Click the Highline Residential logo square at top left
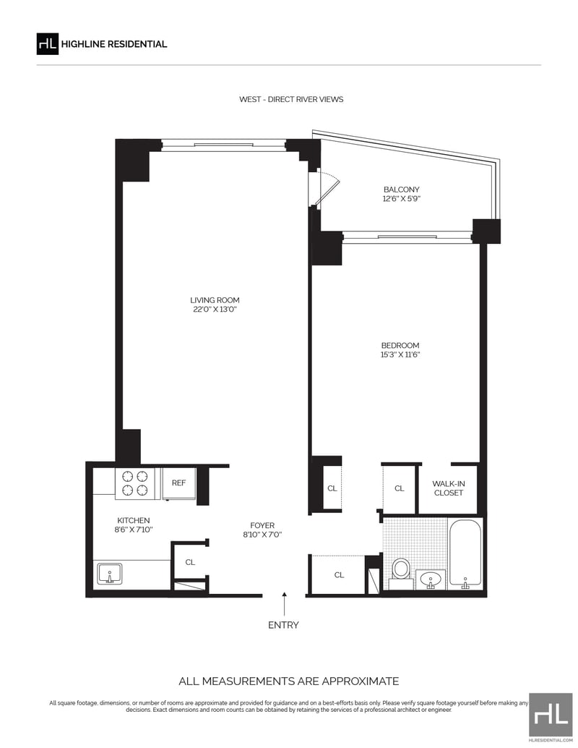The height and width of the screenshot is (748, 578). tap(48, 44)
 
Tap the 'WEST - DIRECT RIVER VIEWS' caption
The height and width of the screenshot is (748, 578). tap(291, 99)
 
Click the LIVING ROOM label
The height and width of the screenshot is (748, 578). tap(215, 300)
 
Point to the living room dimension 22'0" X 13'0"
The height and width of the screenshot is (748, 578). tap(215, 309)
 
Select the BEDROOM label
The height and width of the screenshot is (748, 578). tap(400, 345)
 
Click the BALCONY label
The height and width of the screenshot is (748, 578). tap(402, 190)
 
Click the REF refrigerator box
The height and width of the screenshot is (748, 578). tap(178, 483)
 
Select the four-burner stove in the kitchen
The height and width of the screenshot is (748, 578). tap(135, 483)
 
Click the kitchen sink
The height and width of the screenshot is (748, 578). tap(110, 574)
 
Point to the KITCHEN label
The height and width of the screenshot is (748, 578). tap(134, 520)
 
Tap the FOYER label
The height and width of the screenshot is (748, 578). tap(262, 525)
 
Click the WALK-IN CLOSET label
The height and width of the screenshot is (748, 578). tap(449, 488)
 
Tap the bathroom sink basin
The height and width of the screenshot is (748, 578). tap(431, 579)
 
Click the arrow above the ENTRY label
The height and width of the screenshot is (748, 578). tap(285, 604)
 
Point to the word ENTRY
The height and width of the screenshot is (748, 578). tap(283, 625)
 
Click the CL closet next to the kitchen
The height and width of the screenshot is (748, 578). tap(190, 562)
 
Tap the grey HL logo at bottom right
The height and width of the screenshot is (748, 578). tap(551, 715)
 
